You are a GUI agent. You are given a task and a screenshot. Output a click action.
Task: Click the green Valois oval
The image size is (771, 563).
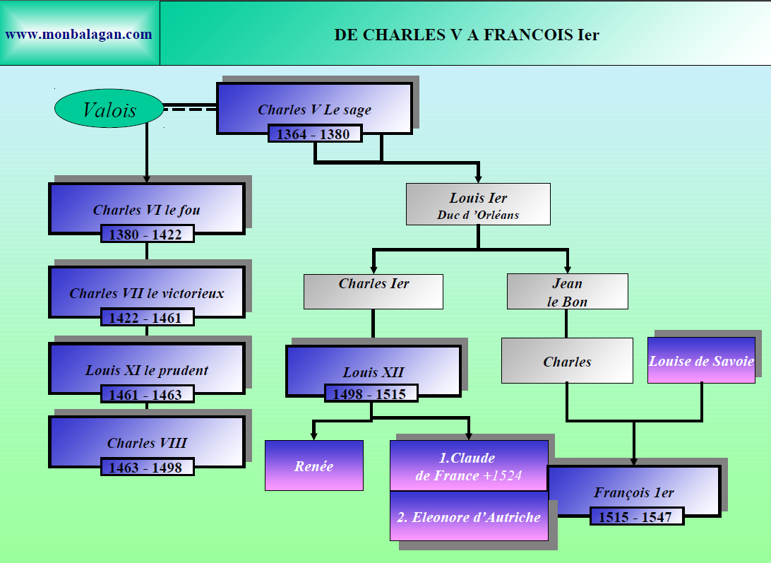point(109,109)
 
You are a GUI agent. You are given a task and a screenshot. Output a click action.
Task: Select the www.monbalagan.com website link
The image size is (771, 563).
point(78,34)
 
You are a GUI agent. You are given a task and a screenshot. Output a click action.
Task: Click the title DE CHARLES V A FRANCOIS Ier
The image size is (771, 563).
point(466,35)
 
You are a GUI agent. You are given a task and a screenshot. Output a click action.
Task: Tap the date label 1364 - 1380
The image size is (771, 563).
point(314,134)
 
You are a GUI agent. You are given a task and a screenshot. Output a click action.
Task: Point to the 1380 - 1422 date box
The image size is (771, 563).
point(147,234)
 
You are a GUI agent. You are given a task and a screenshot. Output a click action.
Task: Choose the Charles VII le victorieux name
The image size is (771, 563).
point(147,292)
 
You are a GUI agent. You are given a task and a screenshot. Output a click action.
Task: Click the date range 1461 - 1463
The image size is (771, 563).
point(147,394)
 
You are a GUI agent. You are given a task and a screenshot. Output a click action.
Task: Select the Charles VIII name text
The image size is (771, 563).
point(147,443)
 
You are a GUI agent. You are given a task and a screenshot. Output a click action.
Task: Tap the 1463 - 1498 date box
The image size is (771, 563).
point(147,467)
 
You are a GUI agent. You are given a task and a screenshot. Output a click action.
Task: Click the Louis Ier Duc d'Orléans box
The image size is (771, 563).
point(478,205)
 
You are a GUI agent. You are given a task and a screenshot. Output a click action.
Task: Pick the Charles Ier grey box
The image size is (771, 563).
point(373,291)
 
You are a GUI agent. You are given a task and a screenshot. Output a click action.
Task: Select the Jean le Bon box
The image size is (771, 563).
point(567,292)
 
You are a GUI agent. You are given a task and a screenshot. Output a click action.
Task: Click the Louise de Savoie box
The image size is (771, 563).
point(701,360)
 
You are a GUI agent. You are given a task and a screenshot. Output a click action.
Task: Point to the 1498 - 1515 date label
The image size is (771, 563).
point(371,393)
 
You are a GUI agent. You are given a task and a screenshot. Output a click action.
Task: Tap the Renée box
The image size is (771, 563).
point(313,466)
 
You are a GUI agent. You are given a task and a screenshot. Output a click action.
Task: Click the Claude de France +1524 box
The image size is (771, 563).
point(469,466)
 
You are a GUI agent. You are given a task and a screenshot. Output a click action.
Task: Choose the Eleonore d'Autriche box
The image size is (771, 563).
point(469,516)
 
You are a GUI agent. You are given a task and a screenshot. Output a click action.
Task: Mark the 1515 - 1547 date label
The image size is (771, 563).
point(636,516)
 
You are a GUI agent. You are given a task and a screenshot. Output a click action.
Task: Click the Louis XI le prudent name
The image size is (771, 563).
point(147,369)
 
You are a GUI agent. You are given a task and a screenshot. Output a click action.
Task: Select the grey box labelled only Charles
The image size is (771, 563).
point(567,361)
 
